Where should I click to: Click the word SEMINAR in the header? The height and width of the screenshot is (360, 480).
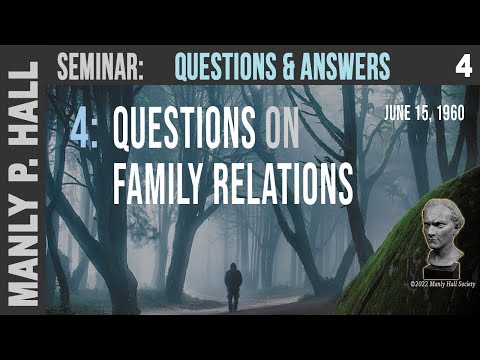coord(101,68)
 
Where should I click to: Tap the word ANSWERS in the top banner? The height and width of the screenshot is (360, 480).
coord(337,67)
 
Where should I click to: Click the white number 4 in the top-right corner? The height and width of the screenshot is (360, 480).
coord(462,67)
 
